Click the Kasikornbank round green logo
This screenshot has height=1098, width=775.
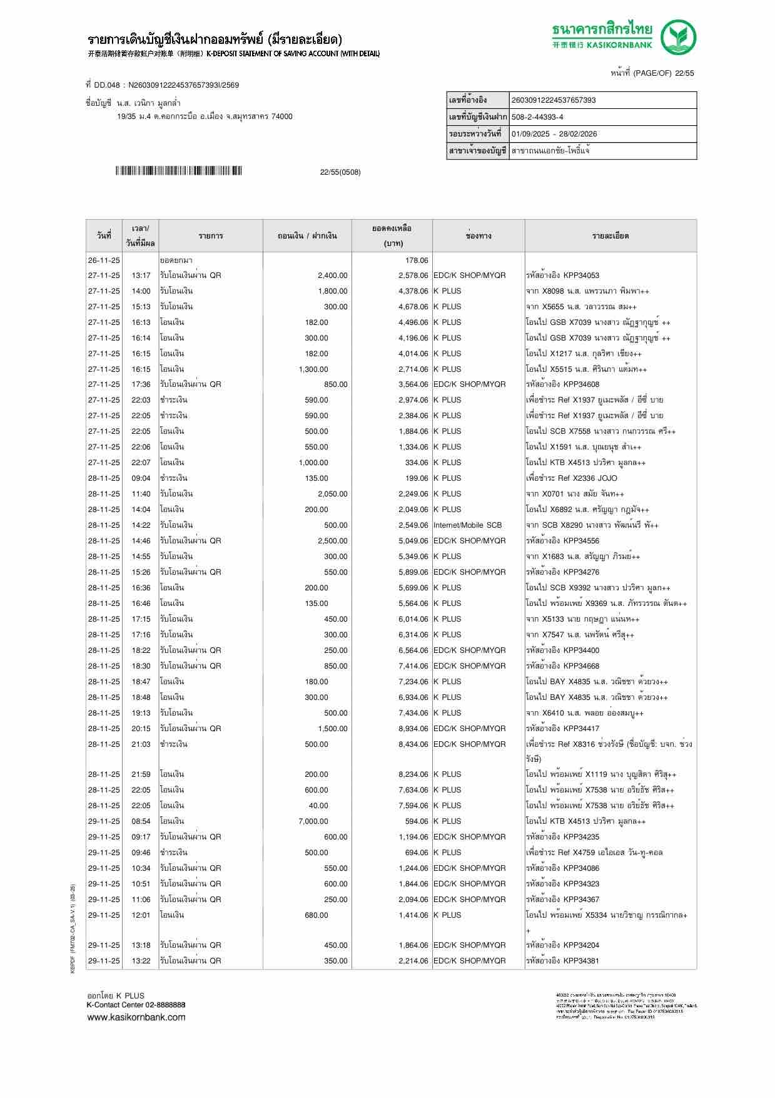pyautogui.click(x=679, y=37)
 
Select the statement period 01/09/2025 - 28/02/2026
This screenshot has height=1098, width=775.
pyautogui.click(x=554, y=134)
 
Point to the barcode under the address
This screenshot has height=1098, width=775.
pyautogui.click(x=178, y=171)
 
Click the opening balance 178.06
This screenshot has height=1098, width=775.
pyautogui.click(x=417, y=260)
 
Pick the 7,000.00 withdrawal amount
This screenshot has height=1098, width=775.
pyautogui.click(x=313, y=821)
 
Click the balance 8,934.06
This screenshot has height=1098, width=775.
pyautogui.click(x=413, y=729)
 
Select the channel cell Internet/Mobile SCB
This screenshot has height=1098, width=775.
pyautogui.click(x=468, y=525)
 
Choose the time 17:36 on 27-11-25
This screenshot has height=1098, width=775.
pyautogui.click(x=141, y=384)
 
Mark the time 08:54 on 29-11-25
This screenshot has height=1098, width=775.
pyautogui.click(x=141, y=821)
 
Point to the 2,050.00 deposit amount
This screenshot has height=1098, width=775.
pyautogui.click(x=332, y=494)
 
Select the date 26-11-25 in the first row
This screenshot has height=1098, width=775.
pyautogui.click(x=104, y=260)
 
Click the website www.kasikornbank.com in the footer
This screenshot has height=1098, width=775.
pyautogui.click(x=136, y=1017)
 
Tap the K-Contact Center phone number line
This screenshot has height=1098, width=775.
pyautogui.click(x=136, y=1005)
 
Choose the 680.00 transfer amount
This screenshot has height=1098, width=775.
pyautogui.click(x=316, y=915)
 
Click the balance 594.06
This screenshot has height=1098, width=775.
pyautogui.click(x=417, y=821)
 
